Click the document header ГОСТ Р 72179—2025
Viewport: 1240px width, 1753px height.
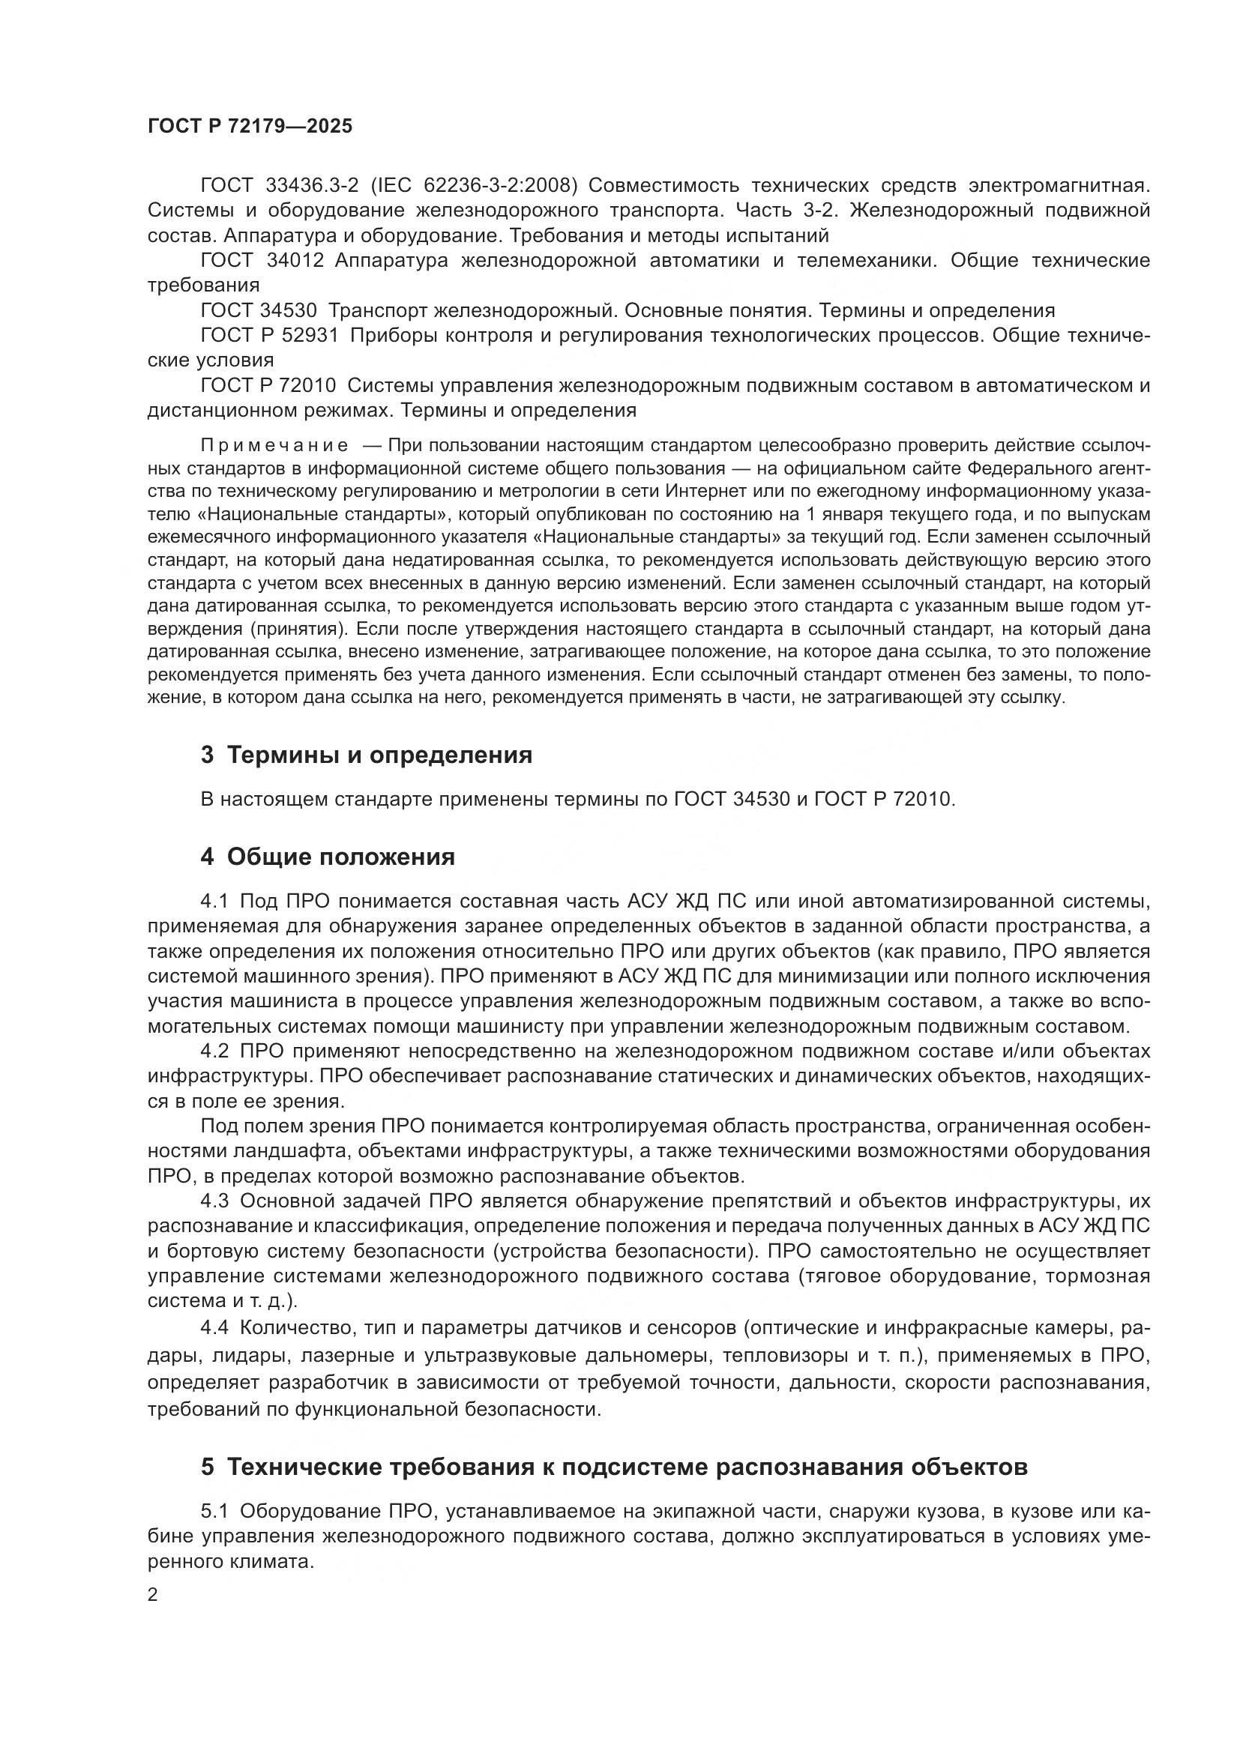(250, 126)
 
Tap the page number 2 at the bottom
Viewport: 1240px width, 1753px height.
(153, 1595)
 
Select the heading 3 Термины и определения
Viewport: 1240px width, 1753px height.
(367, 755)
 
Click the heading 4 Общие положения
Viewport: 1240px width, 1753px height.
(328, 857)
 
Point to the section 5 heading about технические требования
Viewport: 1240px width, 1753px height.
(614, 1467)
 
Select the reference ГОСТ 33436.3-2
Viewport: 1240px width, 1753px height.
(279, 186)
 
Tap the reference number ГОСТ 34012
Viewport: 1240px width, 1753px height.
(262, 261)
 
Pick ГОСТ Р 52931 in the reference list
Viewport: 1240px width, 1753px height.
(269, 335)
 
